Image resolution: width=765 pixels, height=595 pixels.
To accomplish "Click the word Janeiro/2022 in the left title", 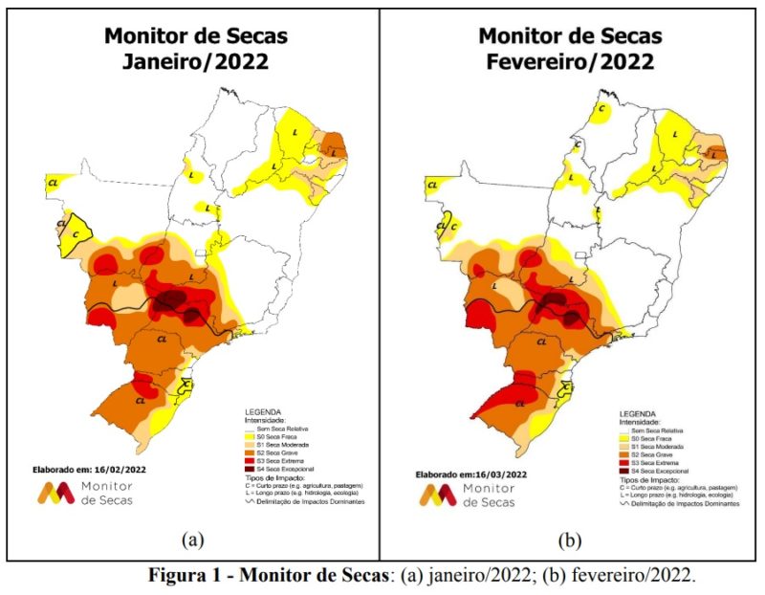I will click(195, 61).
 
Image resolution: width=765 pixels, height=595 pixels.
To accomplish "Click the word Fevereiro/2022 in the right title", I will click(570, 61).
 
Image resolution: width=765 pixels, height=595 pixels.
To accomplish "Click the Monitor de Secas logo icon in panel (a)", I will click(55, 494).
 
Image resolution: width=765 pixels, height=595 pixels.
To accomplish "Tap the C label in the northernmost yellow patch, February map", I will click(602, 108).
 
